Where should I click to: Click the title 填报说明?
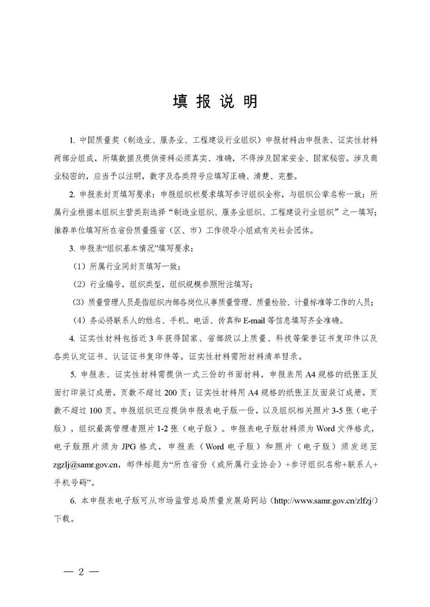point(215,101)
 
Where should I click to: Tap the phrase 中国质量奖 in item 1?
point(99,141)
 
